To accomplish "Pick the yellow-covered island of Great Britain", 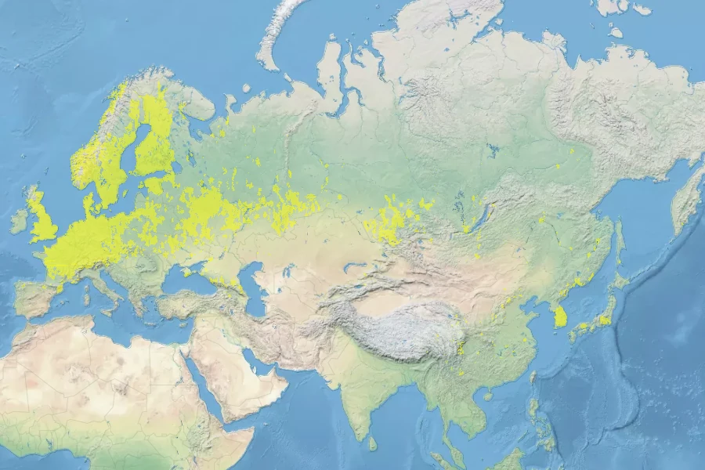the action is coord(42,219).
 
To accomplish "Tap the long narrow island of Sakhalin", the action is coord(619,243).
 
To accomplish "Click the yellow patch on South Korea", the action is coord(559,316).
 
